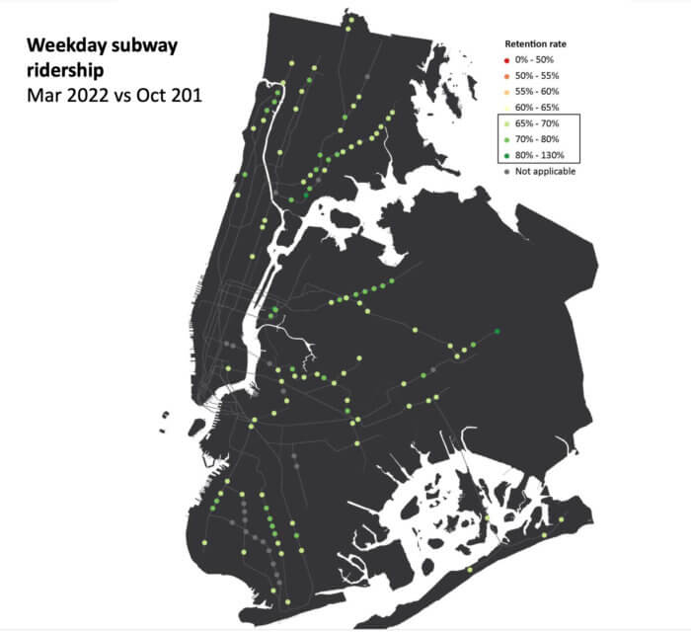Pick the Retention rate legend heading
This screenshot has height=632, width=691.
(536, 45)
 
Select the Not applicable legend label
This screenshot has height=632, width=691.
(546, 171)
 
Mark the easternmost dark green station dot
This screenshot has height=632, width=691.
(497, 332)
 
